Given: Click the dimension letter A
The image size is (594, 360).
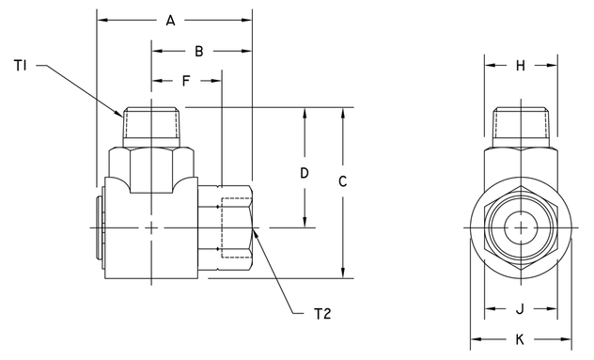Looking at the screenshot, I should pyautogui.click(x=170, y=20).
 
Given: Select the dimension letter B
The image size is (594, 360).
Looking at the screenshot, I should pyautogui.click(x=199, y=51).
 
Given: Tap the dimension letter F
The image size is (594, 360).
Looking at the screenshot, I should pyautogui.click(x=186, y=82).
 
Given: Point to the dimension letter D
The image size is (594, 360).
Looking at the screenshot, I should pyautogui.click(x=304, y=173).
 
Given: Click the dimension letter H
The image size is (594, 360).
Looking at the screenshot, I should pyautogui.click(x=520, y=65).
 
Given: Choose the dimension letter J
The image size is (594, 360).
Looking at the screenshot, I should pyautogui.click(x=520, y=307).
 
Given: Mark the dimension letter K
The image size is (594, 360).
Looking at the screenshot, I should pyautogui.click(x=520, y=339).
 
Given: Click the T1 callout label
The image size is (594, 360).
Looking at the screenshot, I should pyautogui.click(x=22, y=65).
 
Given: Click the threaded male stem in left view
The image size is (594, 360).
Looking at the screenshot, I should pyautogui.click(x=151, y=125).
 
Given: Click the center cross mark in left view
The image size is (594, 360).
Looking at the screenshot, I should pyautogui.click(x=151, y=228).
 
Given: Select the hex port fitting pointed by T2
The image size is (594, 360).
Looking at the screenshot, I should pyautogui.click(x=234, y=228).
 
